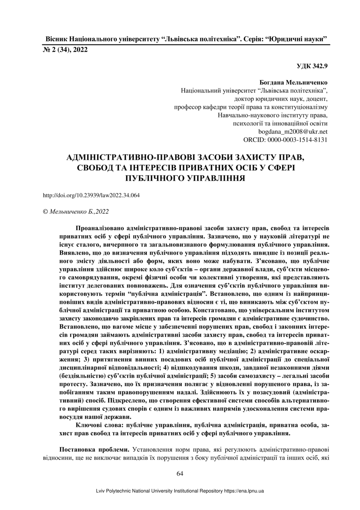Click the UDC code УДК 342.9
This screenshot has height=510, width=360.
click(313, 65)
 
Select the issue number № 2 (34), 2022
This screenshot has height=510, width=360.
click(65, 50)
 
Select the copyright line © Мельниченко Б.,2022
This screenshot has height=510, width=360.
click(76, 211)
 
